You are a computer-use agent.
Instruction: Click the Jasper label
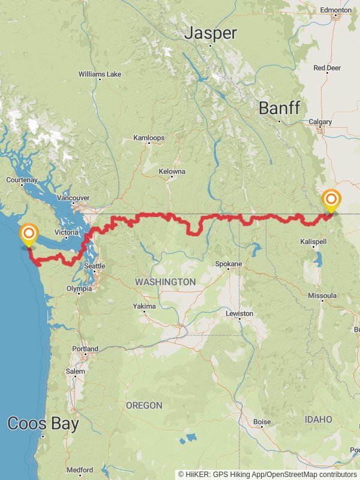click(210, 33)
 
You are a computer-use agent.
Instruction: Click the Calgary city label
click(320, 122)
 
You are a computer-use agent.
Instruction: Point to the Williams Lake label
click(100, 74)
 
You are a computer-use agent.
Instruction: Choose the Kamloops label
click(148, 138)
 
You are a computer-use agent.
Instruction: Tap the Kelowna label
click(172, 172)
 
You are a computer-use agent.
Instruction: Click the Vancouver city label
click(73, 197)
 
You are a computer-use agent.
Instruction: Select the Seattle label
click(94, 266)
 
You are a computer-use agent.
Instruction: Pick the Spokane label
click(229, 264)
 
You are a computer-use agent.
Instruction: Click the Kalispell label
click(313, 241)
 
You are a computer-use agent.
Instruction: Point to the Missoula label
click(322, 296)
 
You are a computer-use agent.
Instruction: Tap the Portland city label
click(85, 349)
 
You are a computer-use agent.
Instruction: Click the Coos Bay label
click(43, 424)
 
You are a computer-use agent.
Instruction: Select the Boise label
click(262, 422)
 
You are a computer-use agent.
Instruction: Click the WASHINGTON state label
click(165, 281)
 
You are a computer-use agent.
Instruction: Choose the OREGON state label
click(144, 406)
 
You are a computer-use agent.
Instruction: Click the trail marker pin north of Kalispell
click(331, 200)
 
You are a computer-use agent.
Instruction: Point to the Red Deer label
click(326, 68)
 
